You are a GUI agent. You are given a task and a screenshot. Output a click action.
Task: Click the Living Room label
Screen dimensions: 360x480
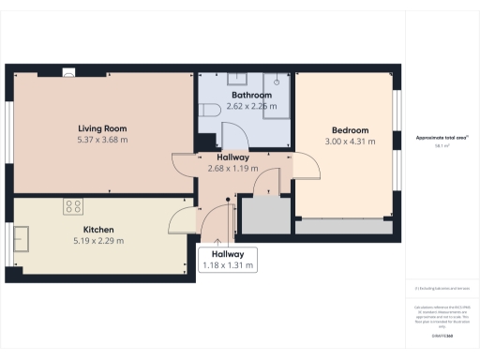tap(101, 128)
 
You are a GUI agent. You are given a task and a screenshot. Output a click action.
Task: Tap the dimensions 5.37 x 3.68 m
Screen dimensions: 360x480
tap(101, 140)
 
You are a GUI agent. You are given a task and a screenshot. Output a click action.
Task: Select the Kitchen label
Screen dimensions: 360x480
tap(98, 230)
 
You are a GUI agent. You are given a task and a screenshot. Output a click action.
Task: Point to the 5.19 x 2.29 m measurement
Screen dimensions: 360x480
tap(98, 241)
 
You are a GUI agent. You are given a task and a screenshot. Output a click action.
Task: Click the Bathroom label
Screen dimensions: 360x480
tap(250, 96)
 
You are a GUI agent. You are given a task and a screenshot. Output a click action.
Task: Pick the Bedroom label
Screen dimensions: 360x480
tap(350, 130)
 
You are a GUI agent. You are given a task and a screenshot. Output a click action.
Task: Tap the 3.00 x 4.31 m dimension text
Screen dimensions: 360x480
tap(350, 142)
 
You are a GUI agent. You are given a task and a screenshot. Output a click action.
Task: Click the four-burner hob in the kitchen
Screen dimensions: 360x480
tap(72, 206)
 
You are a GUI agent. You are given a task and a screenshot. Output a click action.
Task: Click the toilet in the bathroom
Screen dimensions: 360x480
tap(209, 111)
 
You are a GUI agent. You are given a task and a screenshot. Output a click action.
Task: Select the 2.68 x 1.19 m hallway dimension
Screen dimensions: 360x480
tap(232, 170)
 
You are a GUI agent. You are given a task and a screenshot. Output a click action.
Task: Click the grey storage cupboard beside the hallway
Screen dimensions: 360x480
tap(262, 215)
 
